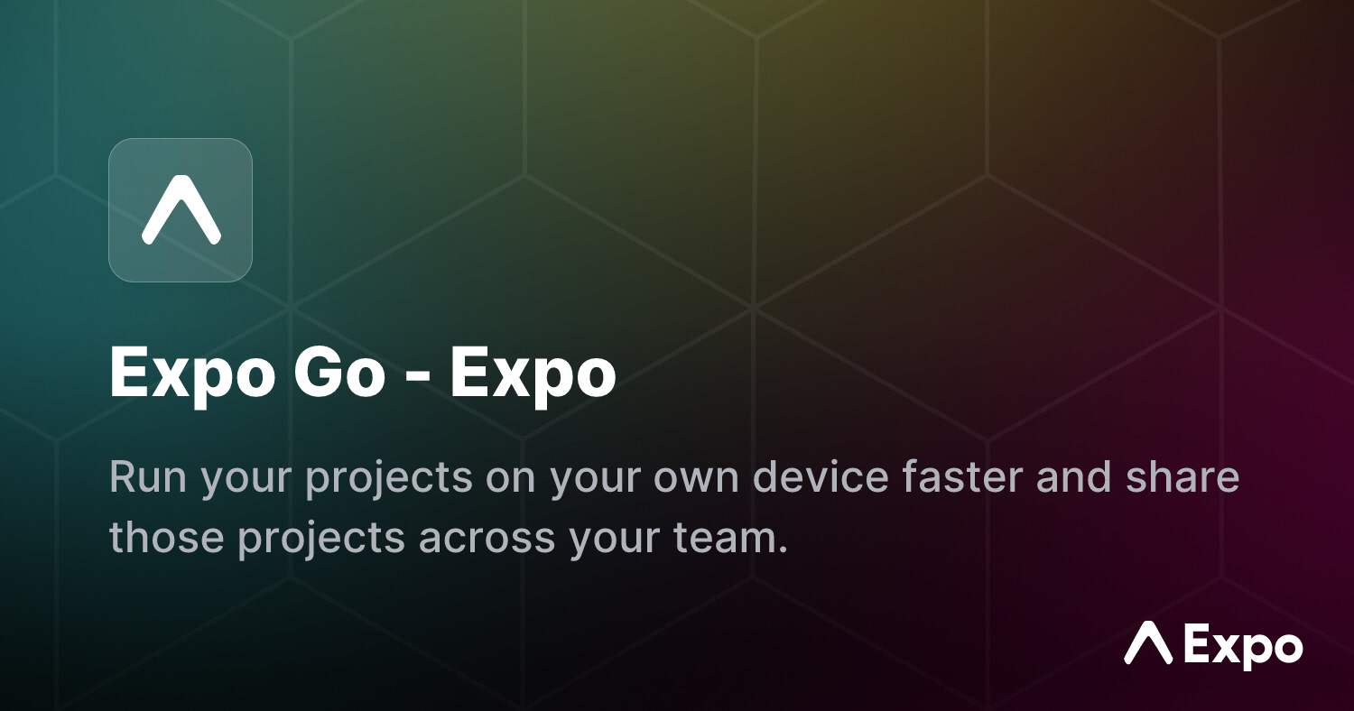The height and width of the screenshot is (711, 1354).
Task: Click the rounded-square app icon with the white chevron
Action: coord(181,210)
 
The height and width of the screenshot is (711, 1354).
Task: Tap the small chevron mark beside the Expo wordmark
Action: coord(1148,642)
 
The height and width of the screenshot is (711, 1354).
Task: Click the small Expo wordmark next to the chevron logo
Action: coord(1244,647)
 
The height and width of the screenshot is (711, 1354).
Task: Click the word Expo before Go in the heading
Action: coord(191,372)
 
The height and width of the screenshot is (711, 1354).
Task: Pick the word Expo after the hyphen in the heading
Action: coord(533,372)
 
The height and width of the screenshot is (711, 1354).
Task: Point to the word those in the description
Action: coord(165,538)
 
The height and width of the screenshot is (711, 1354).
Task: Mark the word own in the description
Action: coord(695,477)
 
